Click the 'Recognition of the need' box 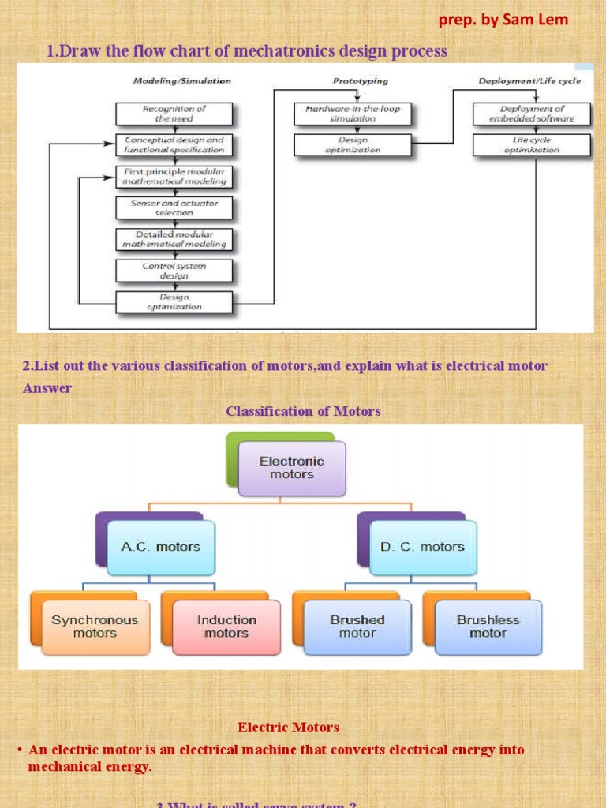(x=174, y=114)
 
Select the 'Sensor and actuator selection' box (x=174, y=208)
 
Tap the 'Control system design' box (x=174, y=271)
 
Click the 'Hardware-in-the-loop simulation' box (x=352, y=114)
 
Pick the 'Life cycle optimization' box (x=531, y=144)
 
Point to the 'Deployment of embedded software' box (x=531, y=114)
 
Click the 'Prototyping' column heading (x=360, y=80)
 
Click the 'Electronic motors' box (x=292, y=468)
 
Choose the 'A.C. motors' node (x=160, y=547)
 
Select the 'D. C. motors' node (x=423, y=547)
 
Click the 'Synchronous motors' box (x=95, y=627)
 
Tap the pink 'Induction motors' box (x=226, y=627)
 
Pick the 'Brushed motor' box (x=357, y=627)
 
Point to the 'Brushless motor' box (x=488, y=627)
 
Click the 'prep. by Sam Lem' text (x=503, y=20)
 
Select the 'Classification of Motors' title (x=304, y=411)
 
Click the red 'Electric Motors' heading (x=288, y=728)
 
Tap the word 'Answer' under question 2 (x=47, y=388)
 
